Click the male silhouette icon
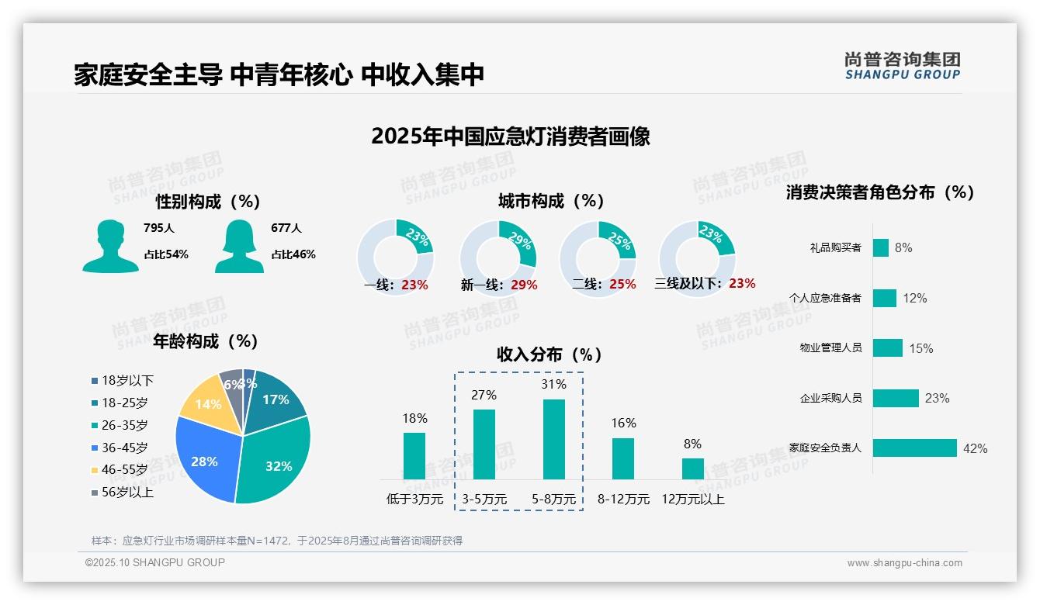110,247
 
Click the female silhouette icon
239,247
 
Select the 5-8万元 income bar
553,439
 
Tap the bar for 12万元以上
692,468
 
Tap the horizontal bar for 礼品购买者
880,247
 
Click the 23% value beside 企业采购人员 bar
937,398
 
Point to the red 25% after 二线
622,285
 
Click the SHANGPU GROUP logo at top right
902,66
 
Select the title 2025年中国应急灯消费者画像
510,137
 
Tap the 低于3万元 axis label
414,499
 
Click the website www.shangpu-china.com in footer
904,563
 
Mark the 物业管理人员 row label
830,347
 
